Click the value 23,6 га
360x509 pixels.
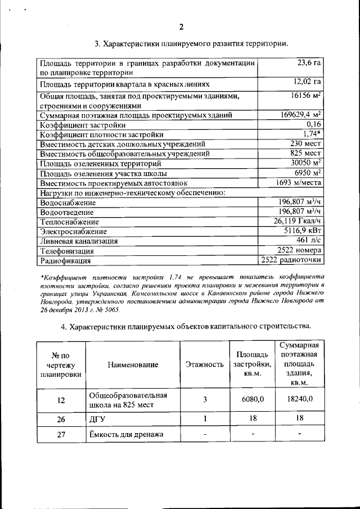coord(309,63)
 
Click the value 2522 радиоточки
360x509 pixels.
coord(291,260)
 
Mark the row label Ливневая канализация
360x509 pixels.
coord(79,241)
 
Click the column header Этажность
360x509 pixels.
coord(205,364)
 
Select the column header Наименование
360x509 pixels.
coord(133,364)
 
